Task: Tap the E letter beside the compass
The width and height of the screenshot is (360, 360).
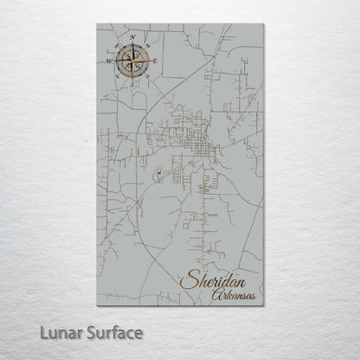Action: [155, 61]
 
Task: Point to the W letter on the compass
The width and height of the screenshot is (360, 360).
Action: [109, 62]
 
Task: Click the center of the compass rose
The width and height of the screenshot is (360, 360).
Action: [132, 61]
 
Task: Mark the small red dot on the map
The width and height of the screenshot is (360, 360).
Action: [161, 173]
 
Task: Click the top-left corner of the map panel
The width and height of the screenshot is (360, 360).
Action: [97, 24]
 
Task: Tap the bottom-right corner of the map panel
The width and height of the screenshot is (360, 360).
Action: [263, 307]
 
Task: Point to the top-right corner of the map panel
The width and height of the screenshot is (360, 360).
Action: [263, 24]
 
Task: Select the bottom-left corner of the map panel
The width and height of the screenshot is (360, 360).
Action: [97, 307]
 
